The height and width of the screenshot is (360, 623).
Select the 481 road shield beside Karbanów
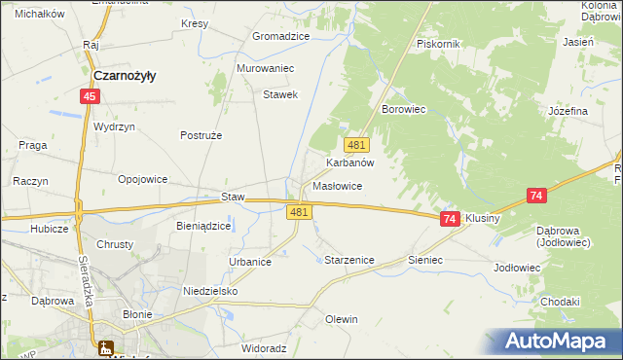356,145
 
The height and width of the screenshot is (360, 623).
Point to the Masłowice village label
338,185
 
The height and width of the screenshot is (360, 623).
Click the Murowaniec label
265,69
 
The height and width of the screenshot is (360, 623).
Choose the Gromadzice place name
280,36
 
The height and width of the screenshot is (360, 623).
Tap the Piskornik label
437,45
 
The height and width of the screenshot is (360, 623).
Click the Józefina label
568,111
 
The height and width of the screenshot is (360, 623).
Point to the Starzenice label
348,261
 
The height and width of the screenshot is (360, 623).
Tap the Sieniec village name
425,261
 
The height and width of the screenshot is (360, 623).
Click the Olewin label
342,319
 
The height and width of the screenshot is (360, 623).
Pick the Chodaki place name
559,302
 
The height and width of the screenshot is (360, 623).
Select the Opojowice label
143,179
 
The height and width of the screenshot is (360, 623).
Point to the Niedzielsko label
210,291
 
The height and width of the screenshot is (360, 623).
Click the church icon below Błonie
105,347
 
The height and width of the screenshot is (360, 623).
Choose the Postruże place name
202,135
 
